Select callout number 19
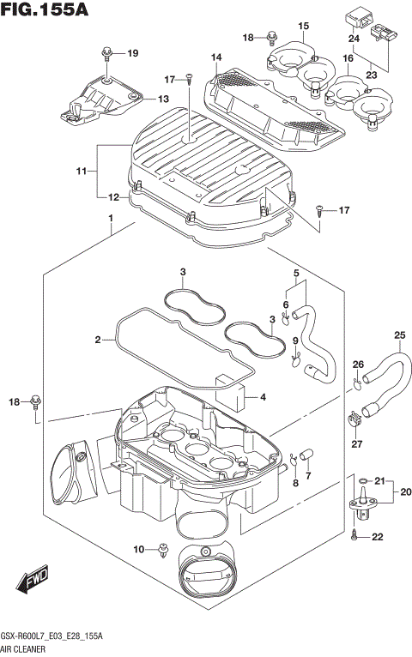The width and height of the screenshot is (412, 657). pos(133,54)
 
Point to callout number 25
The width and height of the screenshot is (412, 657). pos(399,335)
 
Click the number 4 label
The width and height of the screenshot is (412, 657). pos(263,396)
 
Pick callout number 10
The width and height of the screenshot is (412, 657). pos(138,549)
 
